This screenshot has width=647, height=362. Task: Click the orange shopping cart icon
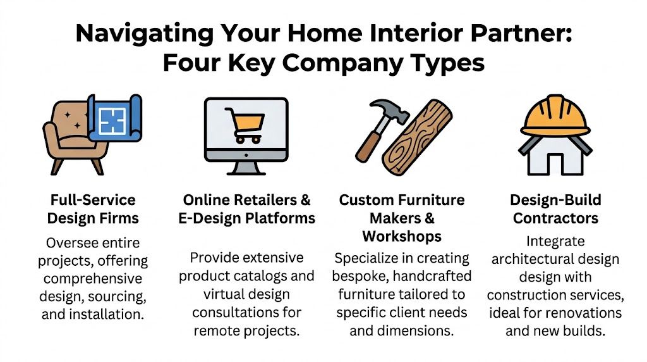pos(247,125)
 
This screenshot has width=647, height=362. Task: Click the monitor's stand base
pos(246,172)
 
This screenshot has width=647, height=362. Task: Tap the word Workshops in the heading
pos(401,236)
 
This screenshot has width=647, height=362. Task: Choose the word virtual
pos(225,294)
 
